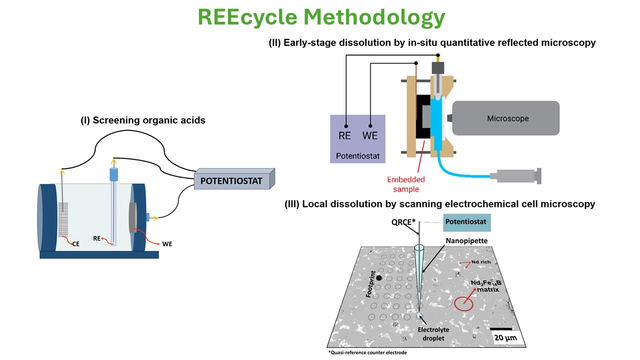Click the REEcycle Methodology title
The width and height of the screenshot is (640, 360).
tap(320, 17)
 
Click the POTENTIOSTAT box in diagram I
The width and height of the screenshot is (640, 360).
tap(231, 180)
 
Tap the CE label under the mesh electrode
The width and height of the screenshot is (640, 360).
tap(75, 244)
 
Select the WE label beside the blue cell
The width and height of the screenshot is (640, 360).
tap(167, 243)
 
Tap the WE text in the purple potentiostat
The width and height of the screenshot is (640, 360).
tap(370, 135)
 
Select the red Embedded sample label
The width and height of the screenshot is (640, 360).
tap(406, 184)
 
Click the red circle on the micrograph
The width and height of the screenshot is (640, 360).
tap(463, 304)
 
